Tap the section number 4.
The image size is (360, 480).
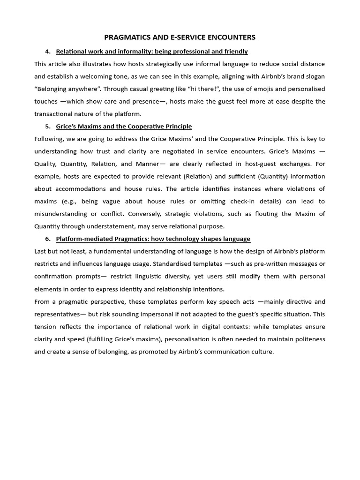[x=48, y=51]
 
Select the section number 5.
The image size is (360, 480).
[x=48, y=127]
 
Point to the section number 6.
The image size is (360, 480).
[x=48, y=239]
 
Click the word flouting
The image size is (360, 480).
[x=254, y=214]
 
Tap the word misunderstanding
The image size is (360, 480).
[x=63, y=214]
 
